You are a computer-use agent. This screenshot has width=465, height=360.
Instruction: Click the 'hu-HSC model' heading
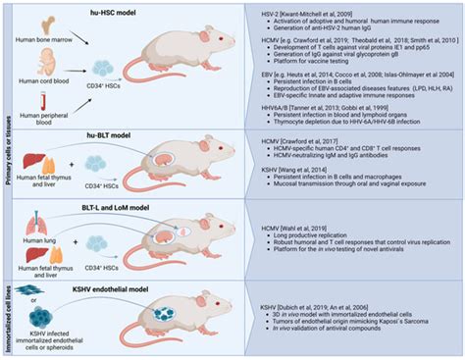135,11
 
